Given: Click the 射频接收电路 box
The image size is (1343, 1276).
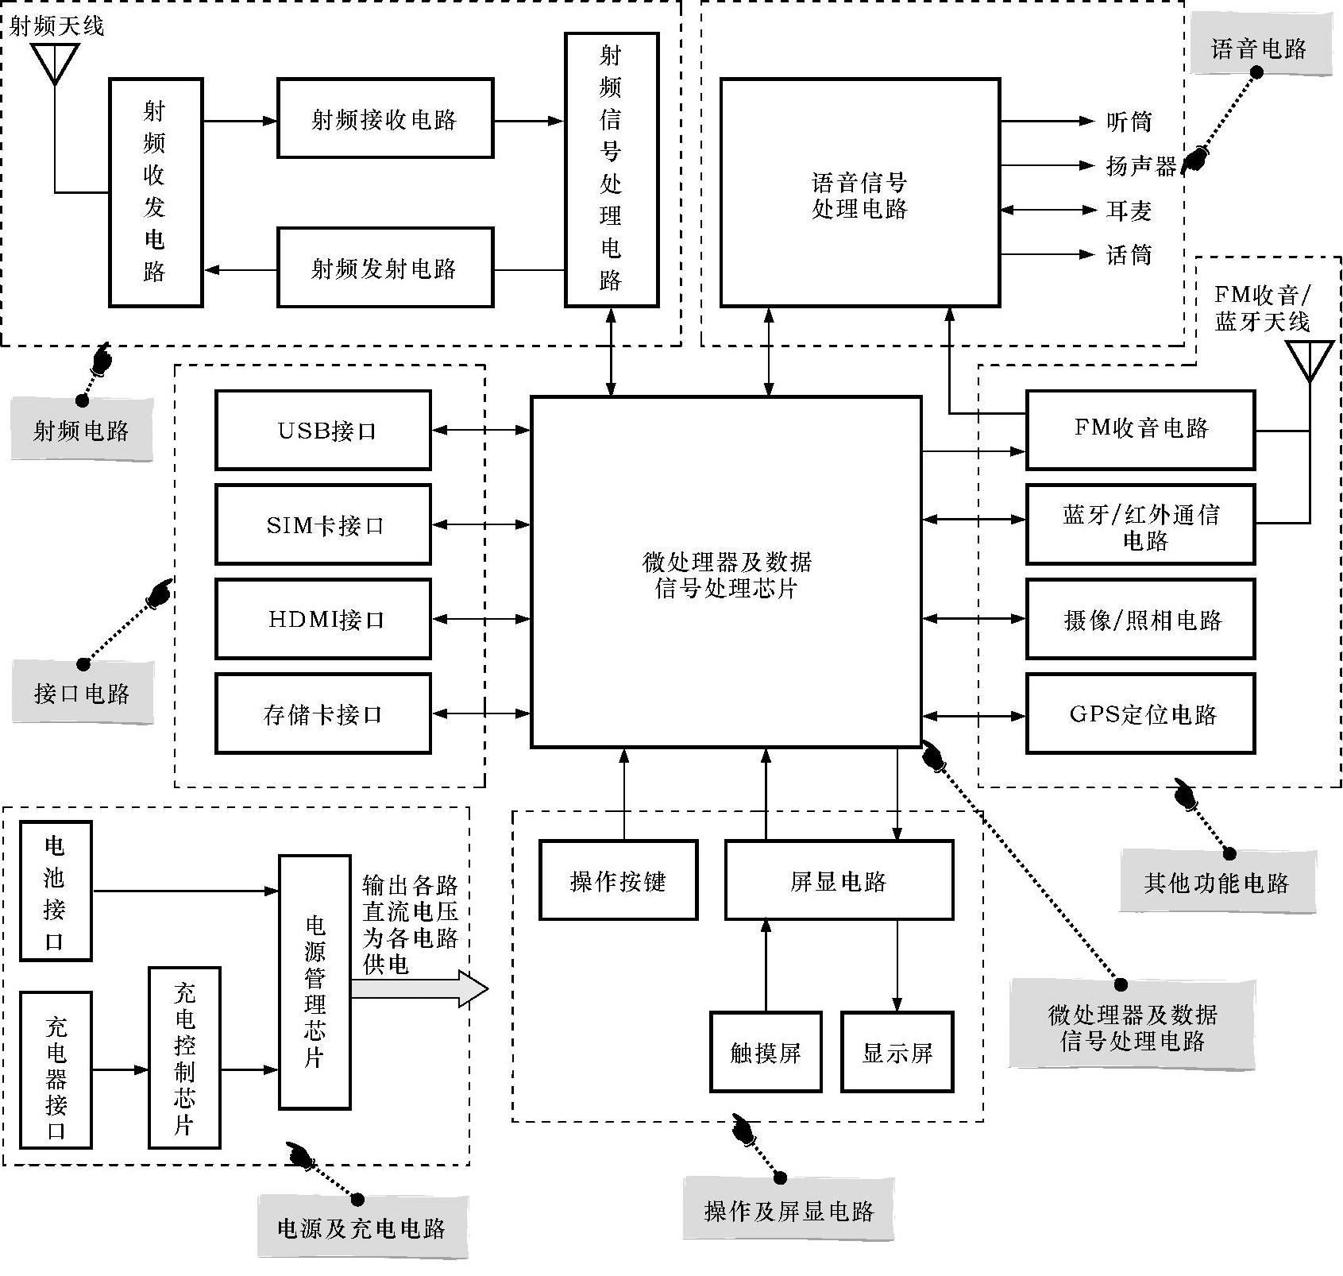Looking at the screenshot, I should tap(384, 118).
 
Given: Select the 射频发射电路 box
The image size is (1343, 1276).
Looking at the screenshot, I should tap(384, 268).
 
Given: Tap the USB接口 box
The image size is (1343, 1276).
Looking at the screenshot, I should tap(323, 430).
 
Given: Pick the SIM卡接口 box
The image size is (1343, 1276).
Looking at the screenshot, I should tap(323, 524).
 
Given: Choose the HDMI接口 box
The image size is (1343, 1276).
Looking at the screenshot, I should tap(323, 619).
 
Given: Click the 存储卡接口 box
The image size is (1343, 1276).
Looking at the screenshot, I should tap(323, 713).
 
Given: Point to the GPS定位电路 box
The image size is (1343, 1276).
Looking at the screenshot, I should tap(1140, 713).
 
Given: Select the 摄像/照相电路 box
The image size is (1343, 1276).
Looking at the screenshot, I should tap(1140, 619).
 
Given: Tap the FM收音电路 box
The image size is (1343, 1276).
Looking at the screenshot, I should tap(1140, 429).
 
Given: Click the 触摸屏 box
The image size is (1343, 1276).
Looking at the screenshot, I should tap(766, 1052).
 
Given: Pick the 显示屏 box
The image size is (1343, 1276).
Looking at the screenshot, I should tap(897, 1052).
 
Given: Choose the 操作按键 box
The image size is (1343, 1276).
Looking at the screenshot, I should tap(619, 880).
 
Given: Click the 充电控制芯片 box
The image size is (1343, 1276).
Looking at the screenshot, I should tap(184, 1058).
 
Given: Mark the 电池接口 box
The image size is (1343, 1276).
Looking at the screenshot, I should tap(56, 891).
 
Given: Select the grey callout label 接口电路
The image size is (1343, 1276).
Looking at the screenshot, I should tap(82, 693).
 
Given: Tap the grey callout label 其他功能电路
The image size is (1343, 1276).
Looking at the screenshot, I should tap(1217, 882).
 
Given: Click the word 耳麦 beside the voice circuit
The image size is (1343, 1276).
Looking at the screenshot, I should tap(1129, 211).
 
